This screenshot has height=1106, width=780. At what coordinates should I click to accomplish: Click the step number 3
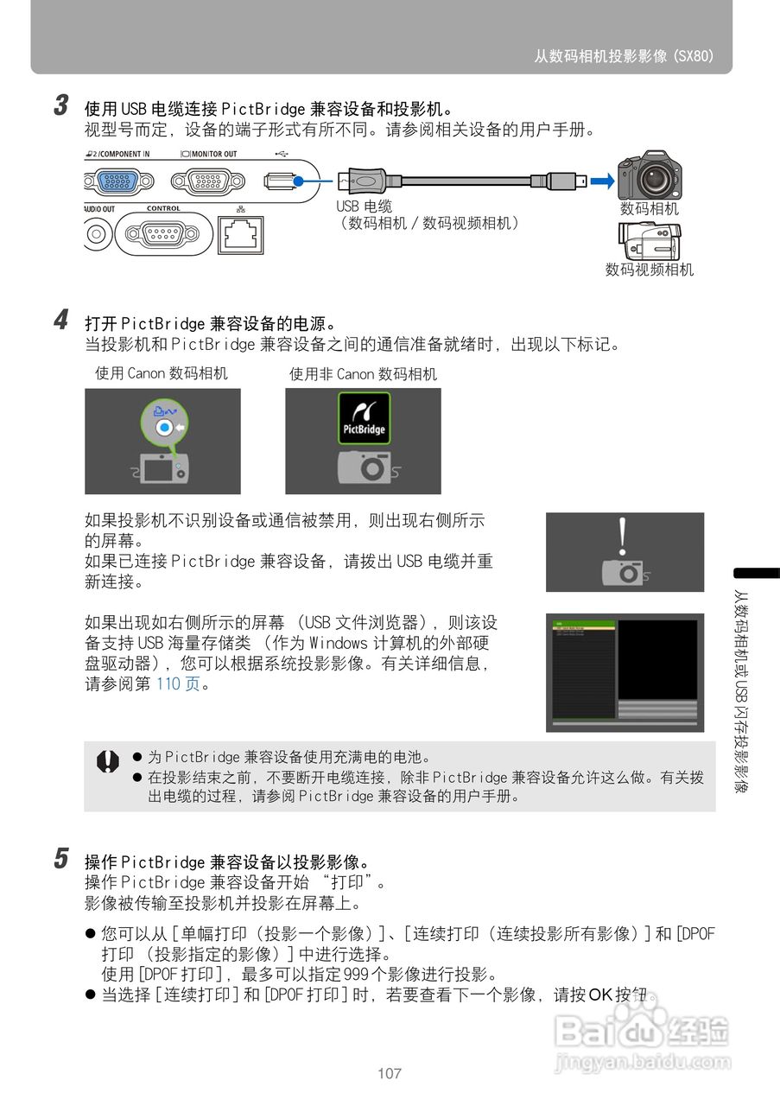coord(61,106)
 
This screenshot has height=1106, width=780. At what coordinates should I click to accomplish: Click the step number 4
coord(61,321)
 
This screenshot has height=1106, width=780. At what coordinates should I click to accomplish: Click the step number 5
coord(61,859)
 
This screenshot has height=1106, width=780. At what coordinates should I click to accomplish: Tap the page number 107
coord(390,1074)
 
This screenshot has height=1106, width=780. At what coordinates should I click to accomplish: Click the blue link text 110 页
coord(177,683)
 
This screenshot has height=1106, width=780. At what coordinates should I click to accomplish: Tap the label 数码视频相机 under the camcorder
coord(649,270)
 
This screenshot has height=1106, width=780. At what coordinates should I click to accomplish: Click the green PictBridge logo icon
coord(364,418)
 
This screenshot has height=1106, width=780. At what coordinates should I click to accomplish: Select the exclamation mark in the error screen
coord(622,536)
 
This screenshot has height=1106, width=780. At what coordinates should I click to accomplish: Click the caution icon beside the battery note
coord(107,761)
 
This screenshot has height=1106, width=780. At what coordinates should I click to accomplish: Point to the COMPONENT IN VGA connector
coord(118,181)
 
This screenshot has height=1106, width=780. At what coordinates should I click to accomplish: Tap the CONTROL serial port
coord(163,234)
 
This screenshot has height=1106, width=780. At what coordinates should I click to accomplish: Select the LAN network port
coord(241,234)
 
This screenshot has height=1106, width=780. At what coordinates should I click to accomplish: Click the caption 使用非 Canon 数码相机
coord(363,374)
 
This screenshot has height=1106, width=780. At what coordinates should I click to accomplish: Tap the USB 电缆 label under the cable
coord(364,207)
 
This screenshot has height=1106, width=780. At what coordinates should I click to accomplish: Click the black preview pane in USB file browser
coord(657,659)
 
